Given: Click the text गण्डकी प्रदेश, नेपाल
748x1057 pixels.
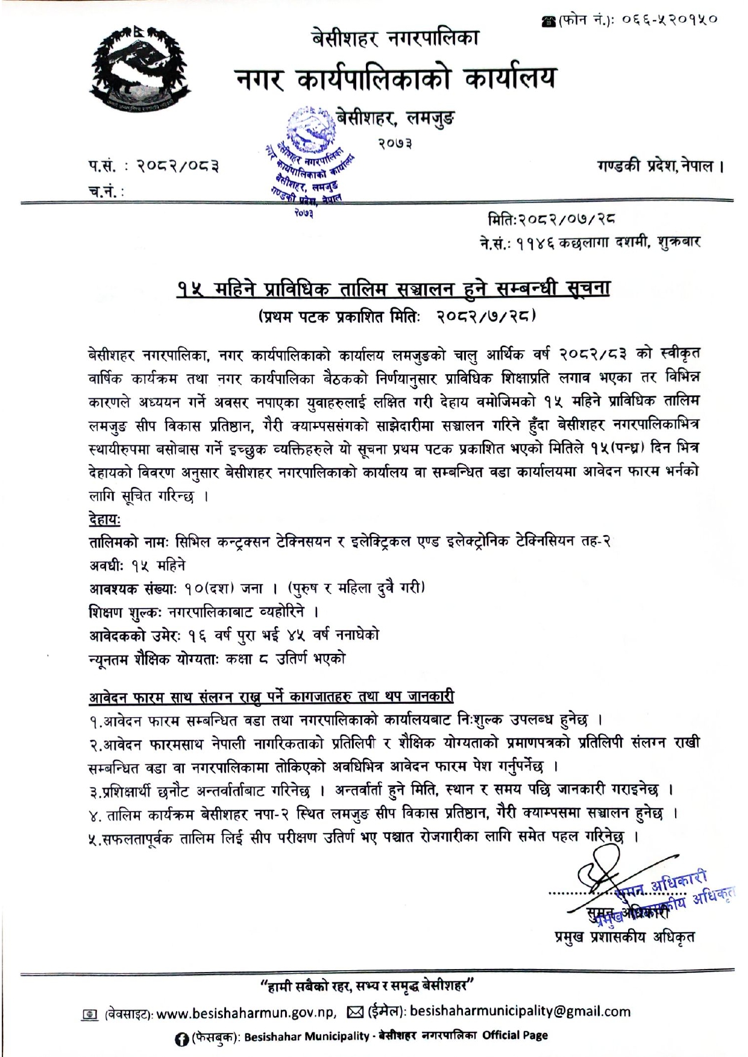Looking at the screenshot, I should tap(659, 166).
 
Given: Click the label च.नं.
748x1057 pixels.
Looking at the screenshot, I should tap(105, 192).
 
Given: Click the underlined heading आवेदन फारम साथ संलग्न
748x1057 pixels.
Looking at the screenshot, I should tap(271, 697).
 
